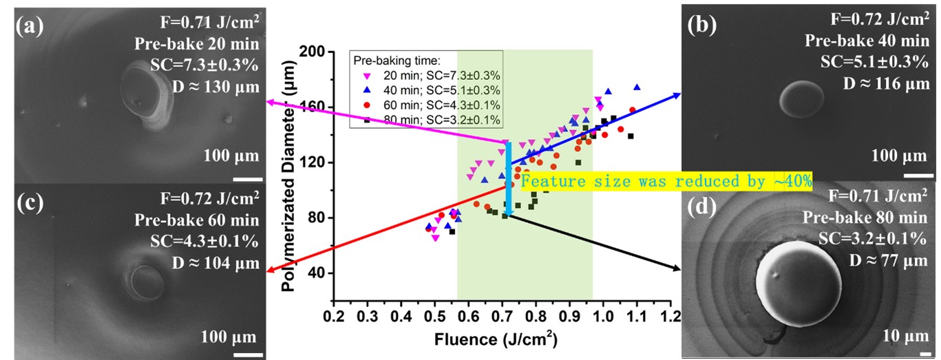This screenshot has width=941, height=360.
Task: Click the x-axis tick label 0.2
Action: [334, 317]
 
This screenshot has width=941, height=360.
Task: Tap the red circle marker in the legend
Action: [368, 105]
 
